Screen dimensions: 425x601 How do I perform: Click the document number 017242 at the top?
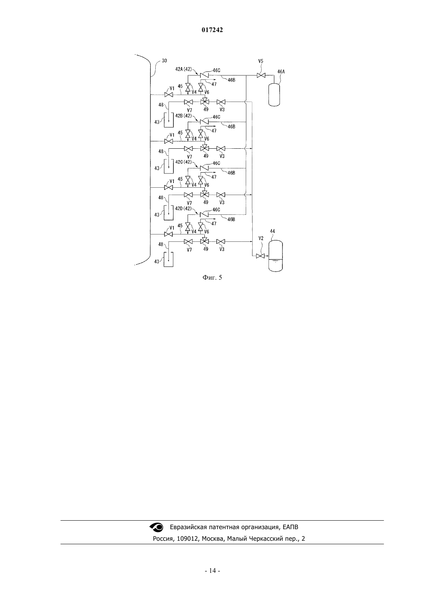point(212,30)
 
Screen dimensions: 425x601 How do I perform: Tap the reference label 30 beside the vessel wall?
point(164,61)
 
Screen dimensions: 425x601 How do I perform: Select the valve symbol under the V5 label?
point(261,76)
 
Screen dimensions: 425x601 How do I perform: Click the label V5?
point(261,61)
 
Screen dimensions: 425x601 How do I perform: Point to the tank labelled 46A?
point(274,95)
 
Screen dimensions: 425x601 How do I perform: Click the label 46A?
point(281,71)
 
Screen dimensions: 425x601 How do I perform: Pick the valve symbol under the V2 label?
point(260,256)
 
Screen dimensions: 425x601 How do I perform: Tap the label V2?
point(261,238)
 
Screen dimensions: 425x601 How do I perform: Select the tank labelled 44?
point(276,256)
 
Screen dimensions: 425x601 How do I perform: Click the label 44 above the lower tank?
point(272,231)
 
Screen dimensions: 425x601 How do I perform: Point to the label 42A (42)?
point(184,69)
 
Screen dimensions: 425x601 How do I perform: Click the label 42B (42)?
point(184,115)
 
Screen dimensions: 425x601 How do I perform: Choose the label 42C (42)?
point(184,162)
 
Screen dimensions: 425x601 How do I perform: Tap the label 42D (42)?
point(184,208)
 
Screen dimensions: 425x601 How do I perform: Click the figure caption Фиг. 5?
point(212,277)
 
